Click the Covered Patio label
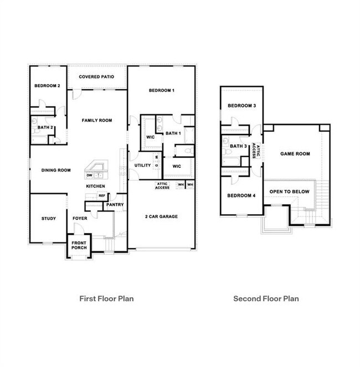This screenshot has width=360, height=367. click(x=96, y=76)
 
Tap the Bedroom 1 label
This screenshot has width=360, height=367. click(x=161, y=90)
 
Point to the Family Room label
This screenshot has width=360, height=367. click(x=97, y=120)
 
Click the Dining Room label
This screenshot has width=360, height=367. click(x=56, y=170)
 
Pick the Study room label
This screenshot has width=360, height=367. click(x=49, y=218)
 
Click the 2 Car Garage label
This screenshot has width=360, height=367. click(x=161, y=216)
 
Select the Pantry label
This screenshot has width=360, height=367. click(x=115, y=205)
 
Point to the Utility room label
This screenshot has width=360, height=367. click(x=142, y=166)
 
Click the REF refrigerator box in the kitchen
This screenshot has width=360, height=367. click(x=102, y=195)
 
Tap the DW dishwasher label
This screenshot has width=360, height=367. click(x=89, y=175)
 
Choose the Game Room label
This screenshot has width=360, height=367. click(x=295, y=154)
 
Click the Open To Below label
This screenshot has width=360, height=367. click(x=285, y=192)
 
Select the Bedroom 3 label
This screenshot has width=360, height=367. click(x=241, y=106)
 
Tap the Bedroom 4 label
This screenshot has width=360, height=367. click(x=241, y=195)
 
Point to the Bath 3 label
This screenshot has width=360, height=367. click(x=238, y=146)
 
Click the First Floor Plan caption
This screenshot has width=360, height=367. click(x=107, y=298)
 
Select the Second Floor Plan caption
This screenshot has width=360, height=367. click(x=266, y=298)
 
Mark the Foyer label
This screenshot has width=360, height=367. click(x=80, y=218)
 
